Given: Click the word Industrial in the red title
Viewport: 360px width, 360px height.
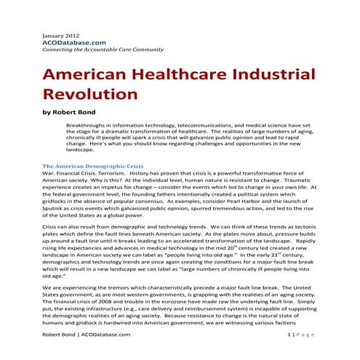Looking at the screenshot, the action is pyautogui.click(x=267, y=76).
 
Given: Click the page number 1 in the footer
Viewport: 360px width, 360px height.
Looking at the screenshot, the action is pyautogui.click(x=289, y=354).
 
